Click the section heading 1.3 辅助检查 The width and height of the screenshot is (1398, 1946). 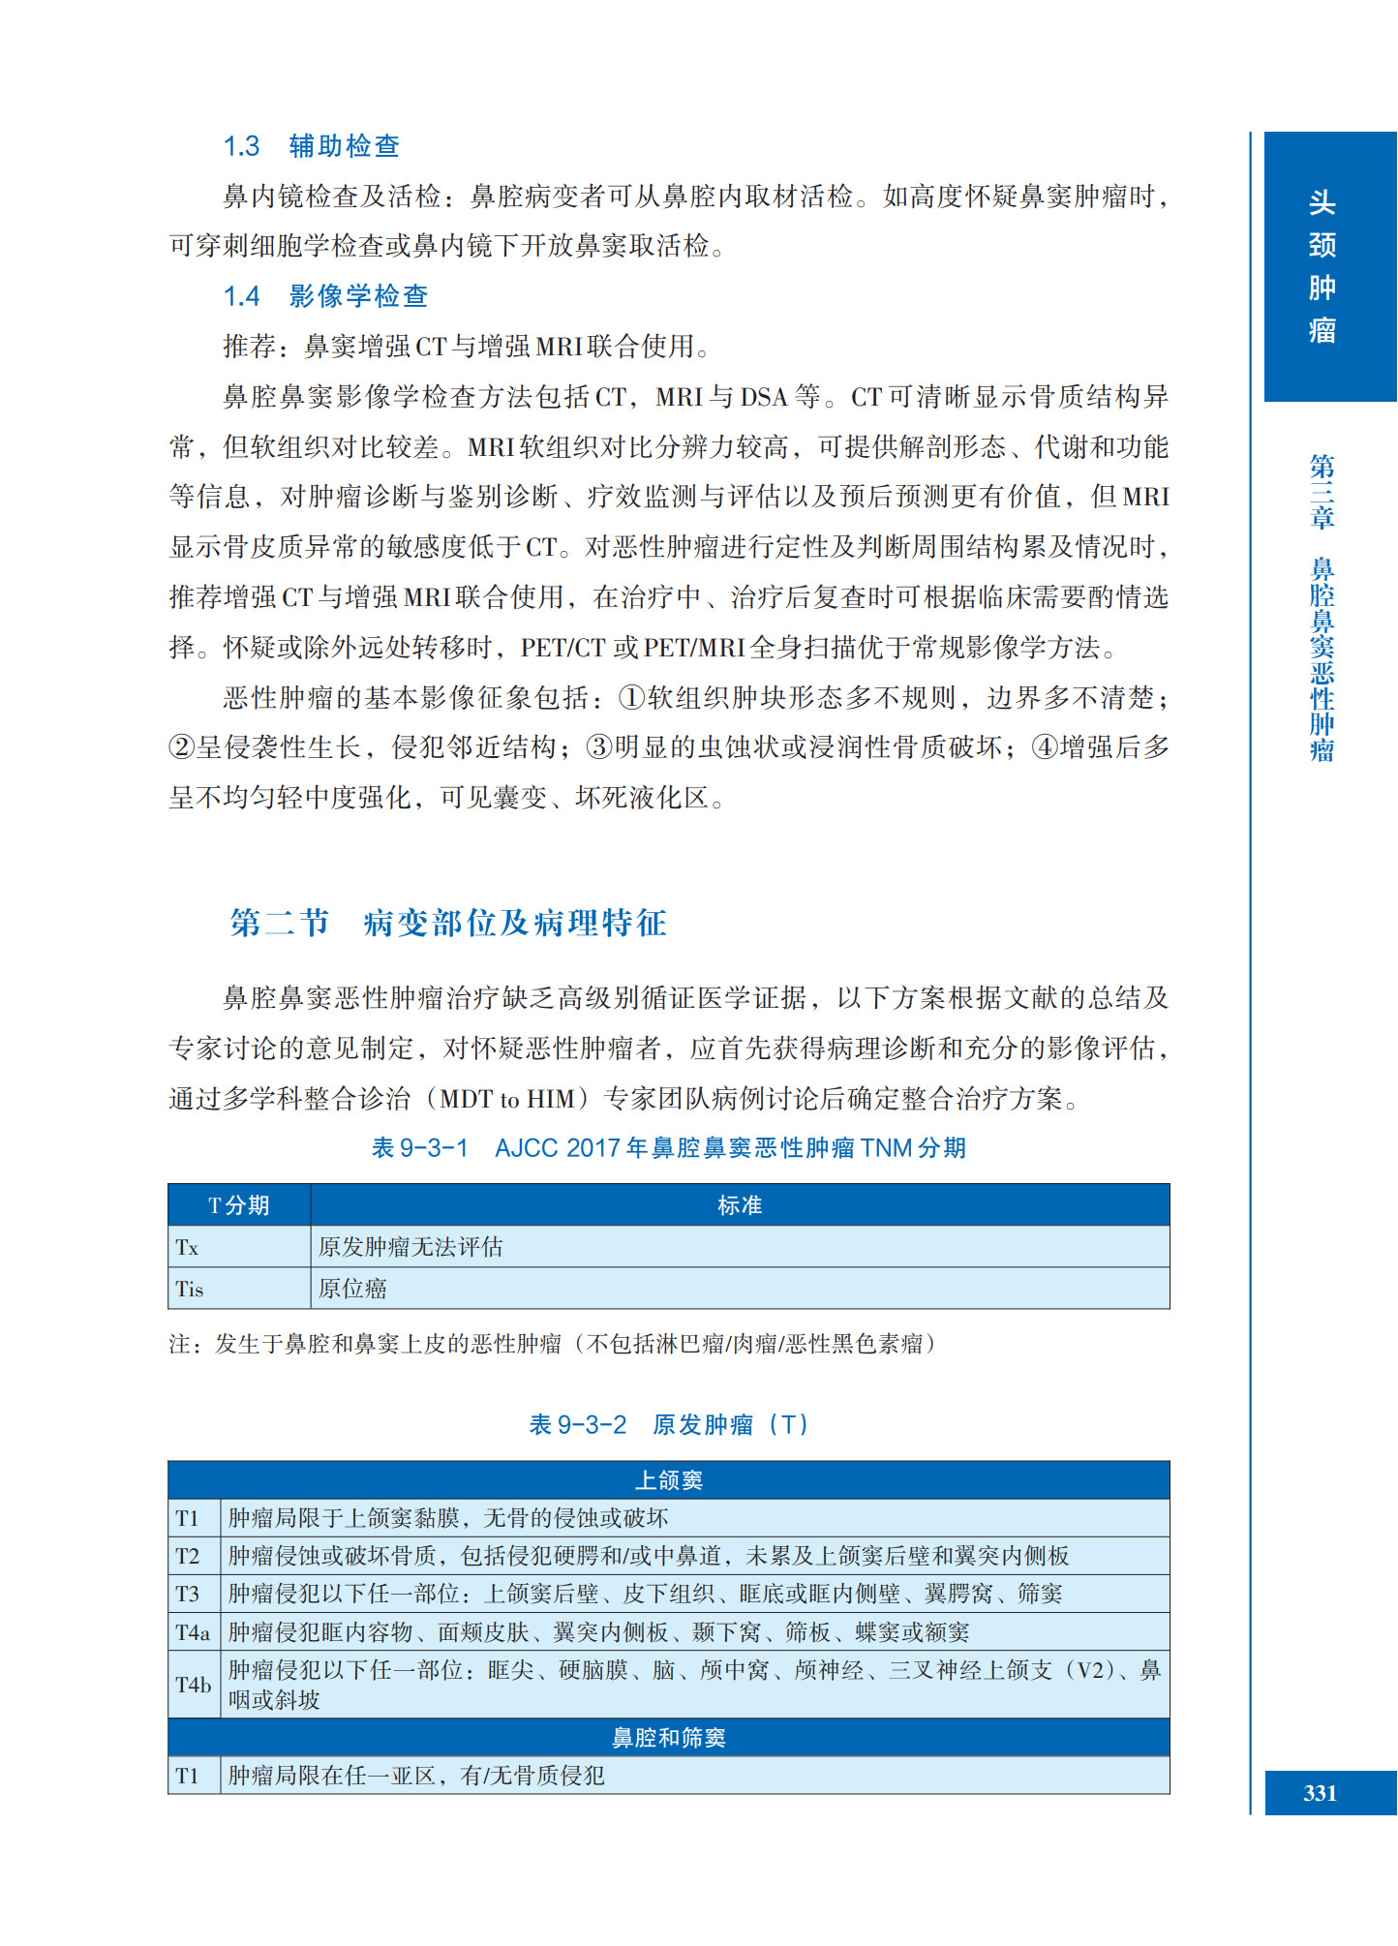311,146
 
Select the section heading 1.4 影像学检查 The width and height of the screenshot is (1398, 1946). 325,296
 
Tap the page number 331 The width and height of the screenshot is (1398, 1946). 1320,1793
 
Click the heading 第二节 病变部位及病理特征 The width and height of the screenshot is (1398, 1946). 448,923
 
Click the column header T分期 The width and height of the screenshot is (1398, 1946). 238,1205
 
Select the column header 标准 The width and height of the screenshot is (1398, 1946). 740,1205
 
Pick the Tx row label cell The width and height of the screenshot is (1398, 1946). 188,1248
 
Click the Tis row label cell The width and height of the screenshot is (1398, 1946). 190,1290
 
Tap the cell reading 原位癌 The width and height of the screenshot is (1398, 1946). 353,1290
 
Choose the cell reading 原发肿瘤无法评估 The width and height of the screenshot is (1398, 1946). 410,1248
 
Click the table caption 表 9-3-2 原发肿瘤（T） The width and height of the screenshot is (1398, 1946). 668,1425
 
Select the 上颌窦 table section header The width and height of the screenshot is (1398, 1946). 668,1480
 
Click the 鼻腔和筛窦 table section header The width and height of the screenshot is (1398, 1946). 668,1738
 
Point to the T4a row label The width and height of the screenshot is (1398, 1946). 193,1632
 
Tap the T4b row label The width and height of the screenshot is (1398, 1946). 193,1685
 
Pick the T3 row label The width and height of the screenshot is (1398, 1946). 188,1594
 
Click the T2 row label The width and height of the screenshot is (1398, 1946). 188,1556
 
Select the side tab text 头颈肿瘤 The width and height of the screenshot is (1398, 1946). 1322,266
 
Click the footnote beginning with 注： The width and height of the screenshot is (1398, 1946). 552,1344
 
